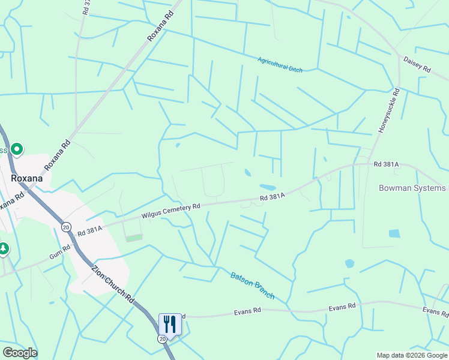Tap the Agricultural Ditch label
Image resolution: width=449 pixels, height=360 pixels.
tap(280, 65)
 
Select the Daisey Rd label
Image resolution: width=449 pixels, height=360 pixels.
tap(417, 65)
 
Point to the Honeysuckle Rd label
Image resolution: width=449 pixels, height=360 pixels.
tap(388, 110)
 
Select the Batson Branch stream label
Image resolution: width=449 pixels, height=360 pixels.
tap(252, 285)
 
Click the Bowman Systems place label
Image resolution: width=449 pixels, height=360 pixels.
tap(413, 188)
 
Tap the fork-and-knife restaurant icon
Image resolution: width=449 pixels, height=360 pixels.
tap(169, 325)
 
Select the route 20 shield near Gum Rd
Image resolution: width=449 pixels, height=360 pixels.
tap(65, 227)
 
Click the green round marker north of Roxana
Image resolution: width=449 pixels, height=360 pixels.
tap(17, 149)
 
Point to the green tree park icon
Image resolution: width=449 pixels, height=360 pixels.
tap(4, 248)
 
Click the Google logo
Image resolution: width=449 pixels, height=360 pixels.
tap(20, 353)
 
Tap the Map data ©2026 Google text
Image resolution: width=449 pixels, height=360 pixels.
tap(412, 355)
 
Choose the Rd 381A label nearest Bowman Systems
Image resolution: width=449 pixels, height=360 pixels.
tap(386, 164)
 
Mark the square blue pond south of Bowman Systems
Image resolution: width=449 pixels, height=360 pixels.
tap(394, 233)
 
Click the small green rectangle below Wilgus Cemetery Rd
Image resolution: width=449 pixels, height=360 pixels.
tap(134, 238)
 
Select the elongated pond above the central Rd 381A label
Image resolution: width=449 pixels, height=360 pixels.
tap(267, 187)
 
